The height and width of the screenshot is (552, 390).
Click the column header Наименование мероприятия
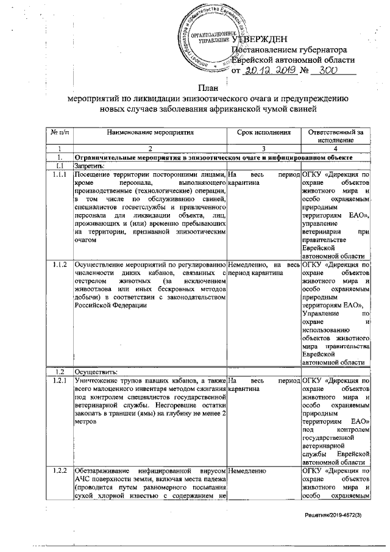coord(150,131)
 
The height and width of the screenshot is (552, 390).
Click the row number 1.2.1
coord(60,381)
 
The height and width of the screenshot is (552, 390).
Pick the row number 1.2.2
coord(60,471)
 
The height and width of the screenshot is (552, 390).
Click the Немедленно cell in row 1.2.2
coord(248,471)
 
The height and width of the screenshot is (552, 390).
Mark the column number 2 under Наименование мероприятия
coord(150,148)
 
